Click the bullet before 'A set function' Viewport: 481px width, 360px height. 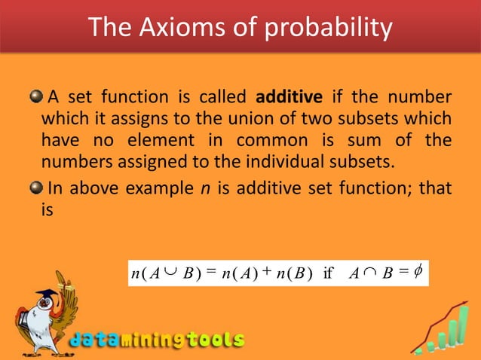(x=35, y=99)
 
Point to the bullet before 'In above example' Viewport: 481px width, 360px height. (x=35, y=187)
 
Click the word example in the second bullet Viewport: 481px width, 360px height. (x=159, y=187)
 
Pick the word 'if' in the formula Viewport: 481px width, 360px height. (x=328, y=273)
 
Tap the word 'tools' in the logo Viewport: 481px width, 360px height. (x=216, y=340)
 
